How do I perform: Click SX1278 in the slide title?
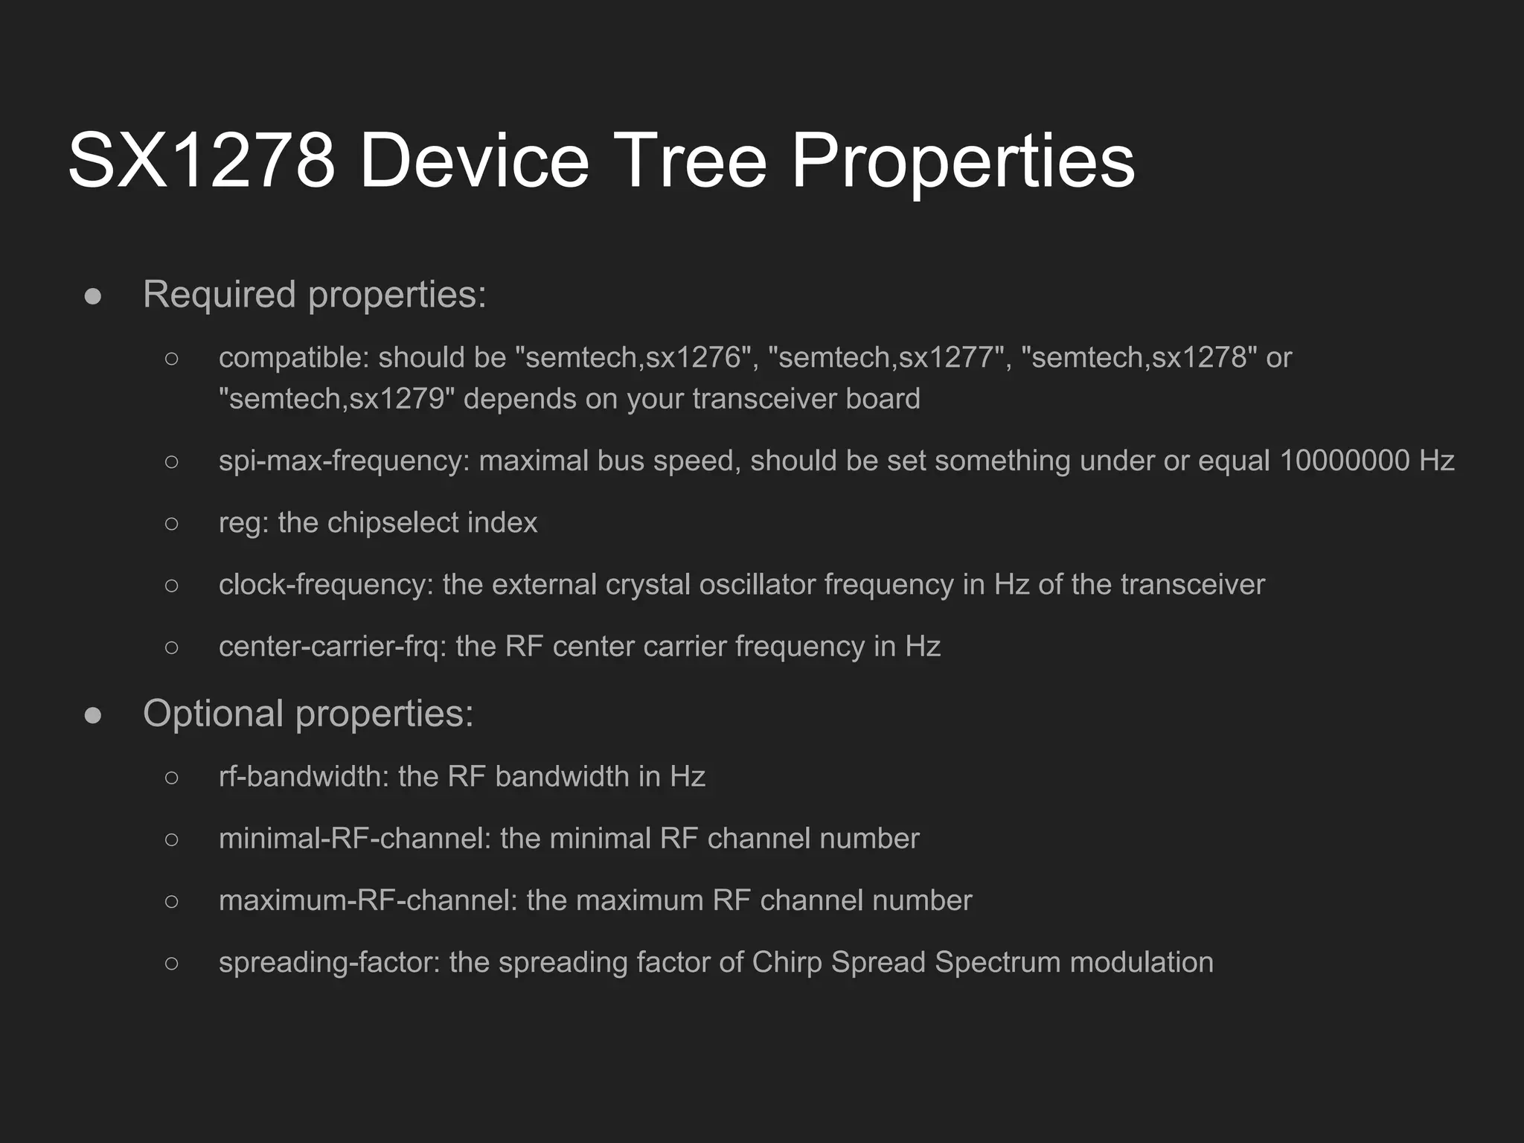coord(201,161)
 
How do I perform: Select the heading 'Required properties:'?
coord(314,294)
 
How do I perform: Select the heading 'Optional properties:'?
coord(308,713)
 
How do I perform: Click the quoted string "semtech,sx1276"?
coord(633,358)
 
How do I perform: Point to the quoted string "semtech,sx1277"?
coord(886,358)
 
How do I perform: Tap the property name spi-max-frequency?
coord(343,461)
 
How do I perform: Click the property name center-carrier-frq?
coord(331,647)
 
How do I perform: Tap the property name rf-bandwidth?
coord(303,777)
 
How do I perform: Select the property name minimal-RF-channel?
coord(353,839)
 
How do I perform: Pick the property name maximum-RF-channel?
coord(367,900)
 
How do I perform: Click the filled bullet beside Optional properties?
coord(93,714)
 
